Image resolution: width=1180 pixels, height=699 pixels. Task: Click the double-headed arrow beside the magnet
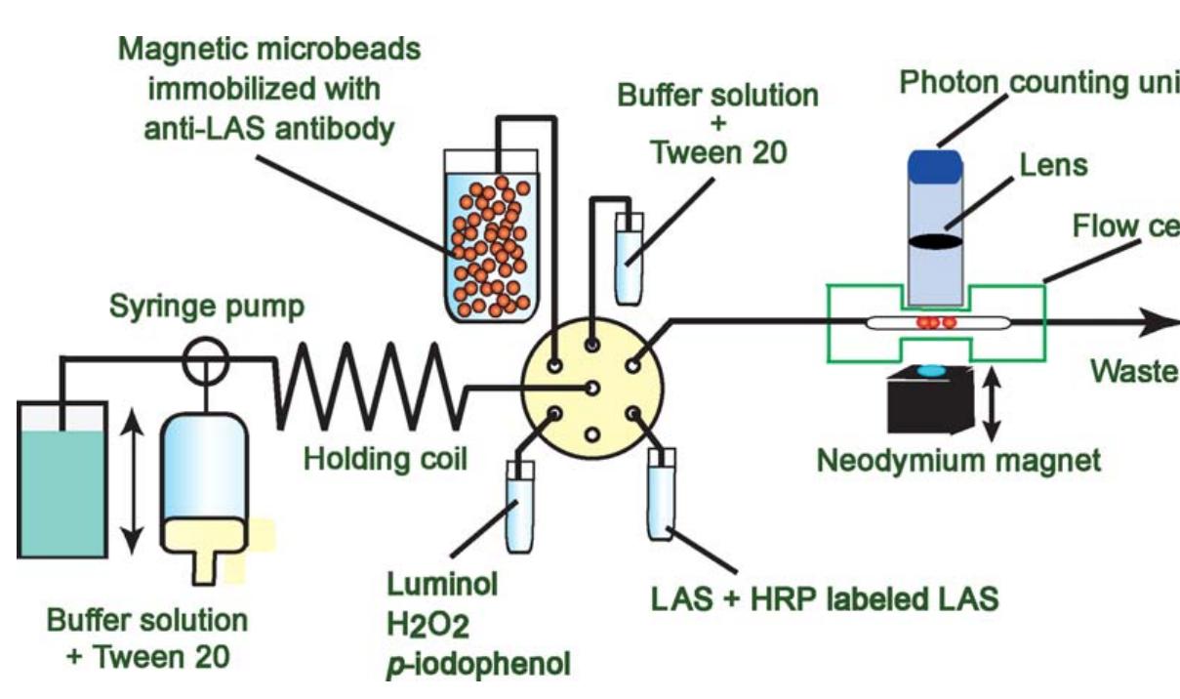click(x=993, y=402)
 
